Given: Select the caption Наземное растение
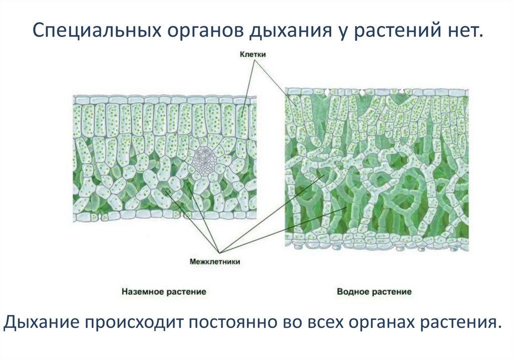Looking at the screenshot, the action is click(x=164, y=291).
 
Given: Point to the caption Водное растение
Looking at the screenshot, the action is click(x=374, y=291).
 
